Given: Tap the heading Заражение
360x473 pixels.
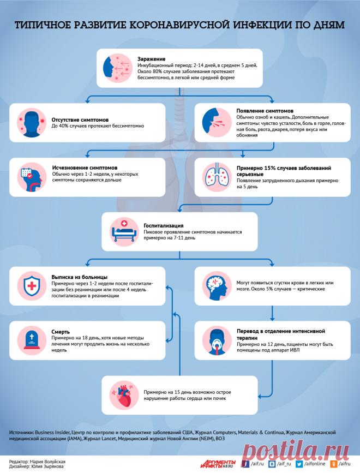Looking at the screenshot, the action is (x=151, y=59).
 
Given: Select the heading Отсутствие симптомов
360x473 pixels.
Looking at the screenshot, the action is (x=80, y=120).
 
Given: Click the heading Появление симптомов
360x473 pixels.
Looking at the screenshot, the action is (x=265, y=111).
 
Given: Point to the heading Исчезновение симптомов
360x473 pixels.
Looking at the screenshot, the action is (x=85, y=167).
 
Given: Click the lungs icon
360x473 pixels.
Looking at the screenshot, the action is (x=217, y=177).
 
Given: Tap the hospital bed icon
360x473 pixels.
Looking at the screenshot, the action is (x=124, y=231).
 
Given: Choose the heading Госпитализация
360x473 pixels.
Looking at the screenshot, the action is (x=164, y=225).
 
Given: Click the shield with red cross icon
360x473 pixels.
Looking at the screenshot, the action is (x=32, y=286).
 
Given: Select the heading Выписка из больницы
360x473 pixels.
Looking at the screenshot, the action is (x=79, y=277).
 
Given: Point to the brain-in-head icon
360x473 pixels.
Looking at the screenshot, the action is (x=217, y=286).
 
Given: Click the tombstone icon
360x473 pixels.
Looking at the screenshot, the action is (x=32, y=340).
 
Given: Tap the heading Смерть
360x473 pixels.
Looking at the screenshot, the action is (x=61, y=332).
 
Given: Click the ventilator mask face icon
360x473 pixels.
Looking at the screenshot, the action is (x=217, y=340).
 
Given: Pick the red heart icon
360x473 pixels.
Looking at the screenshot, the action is (x=124, y=395).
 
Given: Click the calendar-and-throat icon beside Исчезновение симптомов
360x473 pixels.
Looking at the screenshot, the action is (x=32, y=177).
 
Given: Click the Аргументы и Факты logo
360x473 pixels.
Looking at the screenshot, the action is (x=219, y=464).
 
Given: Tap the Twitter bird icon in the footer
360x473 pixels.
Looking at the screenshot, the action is (x=299, y=464).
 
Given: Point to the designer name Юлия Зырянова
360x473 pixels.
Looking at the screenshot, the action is (x=47, y=466).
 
